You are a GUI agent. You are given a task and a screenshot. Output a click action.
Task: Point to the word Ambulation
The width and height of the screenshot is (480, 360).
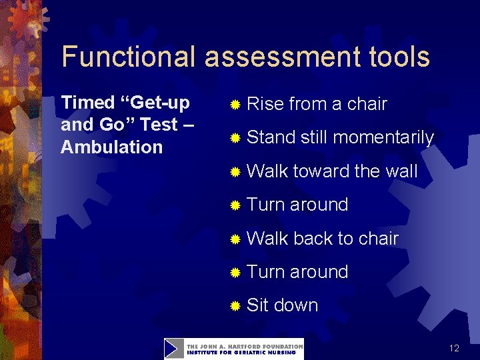[x=111, y=147]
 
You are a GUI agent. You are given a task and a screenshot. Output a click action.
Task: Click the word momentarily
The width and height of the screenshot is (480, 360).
[x=383, y=138]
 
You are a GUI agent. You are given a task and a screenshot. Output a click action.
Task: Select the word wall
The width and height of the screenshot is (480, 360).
[x=401, y=171]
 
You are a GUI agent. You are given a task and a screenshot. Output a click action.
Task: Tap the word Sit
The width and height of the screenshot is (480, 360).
[x=257, y=305]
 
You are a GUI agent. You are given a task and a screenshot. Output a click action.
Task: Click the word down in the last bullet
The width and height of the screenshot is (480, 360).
[x=296, y=305]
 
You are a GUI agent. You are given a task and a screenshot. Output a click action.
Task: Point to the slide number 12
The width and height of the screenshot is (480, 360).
[x=454, y=348]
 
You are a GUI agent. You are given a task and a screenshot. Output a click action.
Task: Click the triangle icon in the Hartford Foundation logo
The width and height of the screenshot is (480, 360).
[x=174, y=349]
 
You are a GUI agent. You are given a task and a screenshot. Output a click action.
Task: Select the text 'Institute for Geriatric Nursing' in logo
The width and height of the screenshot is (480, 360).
[x=244, y=353]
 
